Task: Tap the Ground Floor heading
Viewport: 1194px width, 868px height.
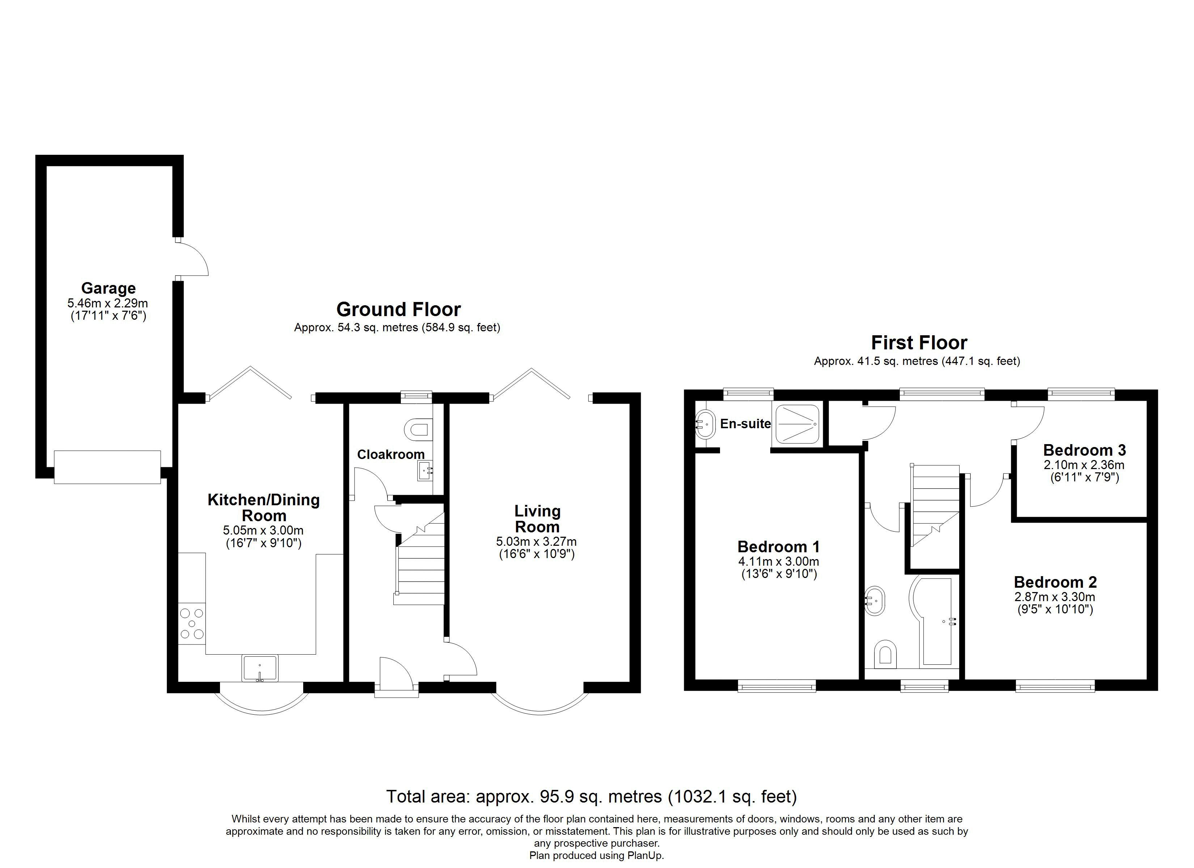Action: pos(398,309)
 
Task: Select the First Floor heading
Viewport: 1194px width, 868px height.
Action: pos(919,342)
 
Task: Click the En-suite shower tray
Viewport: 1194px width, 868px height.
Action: pos(797,424)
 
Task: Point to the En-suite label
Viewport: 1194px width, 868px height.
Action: pos(745,424)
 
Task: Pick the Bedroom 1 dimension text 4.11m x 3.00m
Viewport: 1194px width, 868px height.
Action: pos(779,562)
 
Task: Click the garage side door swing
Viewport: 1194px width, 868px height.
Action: pos(192,259)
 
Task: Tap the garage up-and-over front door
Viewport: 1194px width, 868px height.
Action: pos(107,467)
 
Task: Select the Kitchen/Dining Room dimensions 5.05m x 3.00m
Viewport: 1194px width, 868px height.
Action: pos(263,530)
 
